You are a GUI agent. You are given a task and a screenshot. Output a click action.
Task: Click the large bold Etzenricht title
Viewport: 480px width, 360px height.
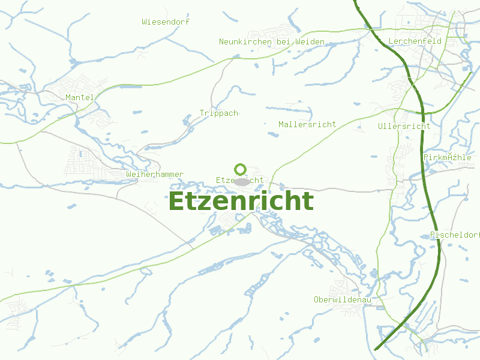[x=241, y=202]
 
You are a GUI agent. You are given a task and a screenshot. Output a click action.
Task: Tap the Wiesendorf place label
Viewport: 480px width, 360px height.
[x=166, y=22]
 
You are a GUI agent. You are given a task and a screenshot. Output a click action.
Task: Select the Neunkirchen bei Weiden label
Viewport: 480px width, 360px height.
[x=272, y=41]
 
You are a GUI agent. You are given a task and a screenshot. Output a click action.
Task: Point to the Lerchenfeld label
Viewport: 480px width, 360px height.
[x=415, y=41]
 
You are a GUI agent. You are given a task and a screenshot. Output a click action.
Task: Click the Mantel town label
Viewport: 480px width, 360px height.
[x=80, y=97]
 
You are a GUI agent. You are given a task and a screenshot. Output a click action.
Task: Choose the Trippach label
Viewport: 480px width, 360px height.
[x=219, y=113]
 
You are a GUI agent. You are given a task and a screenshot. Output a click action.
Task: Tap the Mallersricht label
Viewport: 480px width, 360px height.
[x=307, y=124]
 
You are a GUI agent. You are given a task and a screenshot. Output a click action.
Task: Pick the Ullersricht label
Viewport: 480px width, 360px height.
[x=404, y=126]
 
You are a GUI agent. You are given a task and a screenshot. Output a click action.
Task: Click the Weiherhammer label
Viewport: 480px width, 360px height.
[x=155, y=174]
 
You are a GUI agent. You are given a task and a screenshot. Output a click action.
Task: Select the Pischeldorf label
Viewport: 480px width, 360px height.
[x=455, y=235]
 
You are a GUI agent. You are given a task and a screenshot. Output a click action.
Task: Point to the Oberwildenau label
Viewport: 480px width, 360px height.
[x=343, y=299]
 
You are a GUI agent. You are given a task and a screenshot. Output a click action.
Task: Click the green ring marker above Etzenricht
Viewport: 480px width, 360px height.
[x=240, y=169]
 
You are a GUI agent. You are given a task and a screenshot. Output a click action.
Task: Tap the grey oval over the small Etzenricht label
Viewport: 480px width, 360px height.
[x=242, y=181]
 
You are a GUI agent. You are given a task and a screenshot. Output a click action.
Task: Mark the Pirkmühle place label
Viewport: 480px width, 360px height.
[x=448, y=157]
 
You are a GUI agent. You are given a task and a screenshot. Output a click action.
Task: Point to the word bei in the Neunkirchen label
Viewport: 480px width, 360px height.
[x=284, y=41]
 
